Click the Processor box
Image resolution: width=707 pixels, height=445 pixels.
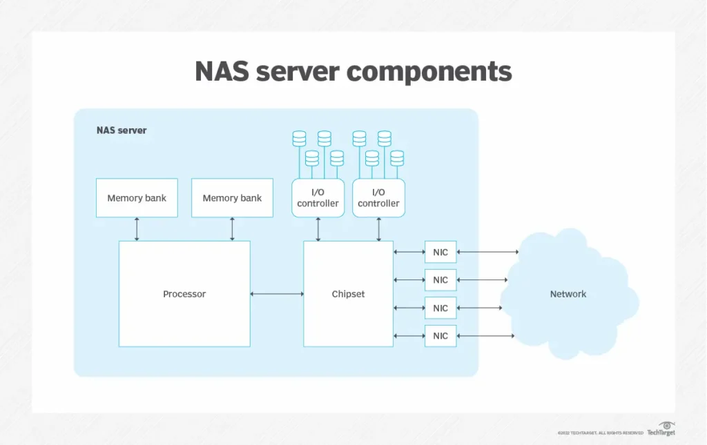(184, 294)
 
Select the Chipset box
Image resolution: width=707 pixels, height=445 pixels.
(348, 294)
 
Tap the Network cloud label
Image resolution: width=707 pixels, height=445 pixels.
(568, 294)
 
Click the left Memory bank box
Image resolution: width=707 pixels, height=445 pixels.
(137, 198)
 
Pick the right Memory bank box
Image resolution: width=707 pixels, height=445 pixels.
(232, 198)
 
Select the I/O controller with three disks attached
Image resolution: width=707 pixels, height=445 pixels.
(318, 198)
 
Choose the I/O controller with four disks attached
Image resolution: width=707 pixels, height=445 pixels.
(378, 198)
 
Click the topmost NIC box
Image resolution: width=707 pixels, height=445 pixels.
(440, 253)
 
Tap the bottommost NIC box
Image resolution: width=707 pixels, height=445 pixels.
(440, 336)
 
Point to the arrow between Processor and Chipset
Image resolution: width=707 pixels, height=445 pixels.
(277, 295)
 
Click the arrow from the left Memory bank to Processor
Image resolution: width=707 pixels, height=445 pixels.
(137, 229)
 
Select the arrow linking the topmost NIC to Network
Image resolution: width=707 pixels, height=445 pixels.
(487, 253)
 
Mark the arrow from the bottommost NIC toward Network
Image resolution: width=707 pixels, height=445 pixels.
(485, 336)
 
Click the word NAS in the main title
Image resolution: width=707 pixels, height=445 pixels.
(223, 72)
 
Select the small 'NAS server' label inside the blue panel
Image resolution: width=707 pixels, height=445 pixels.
(122, 130)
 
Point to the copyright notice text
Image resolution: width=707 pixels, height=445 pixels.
(600, 433)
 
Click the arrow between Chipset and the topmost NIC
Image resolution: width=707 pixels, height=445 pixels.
(409, 253)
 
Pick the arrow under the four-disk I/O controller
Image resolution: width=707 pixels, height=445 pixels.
(378, 229)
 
